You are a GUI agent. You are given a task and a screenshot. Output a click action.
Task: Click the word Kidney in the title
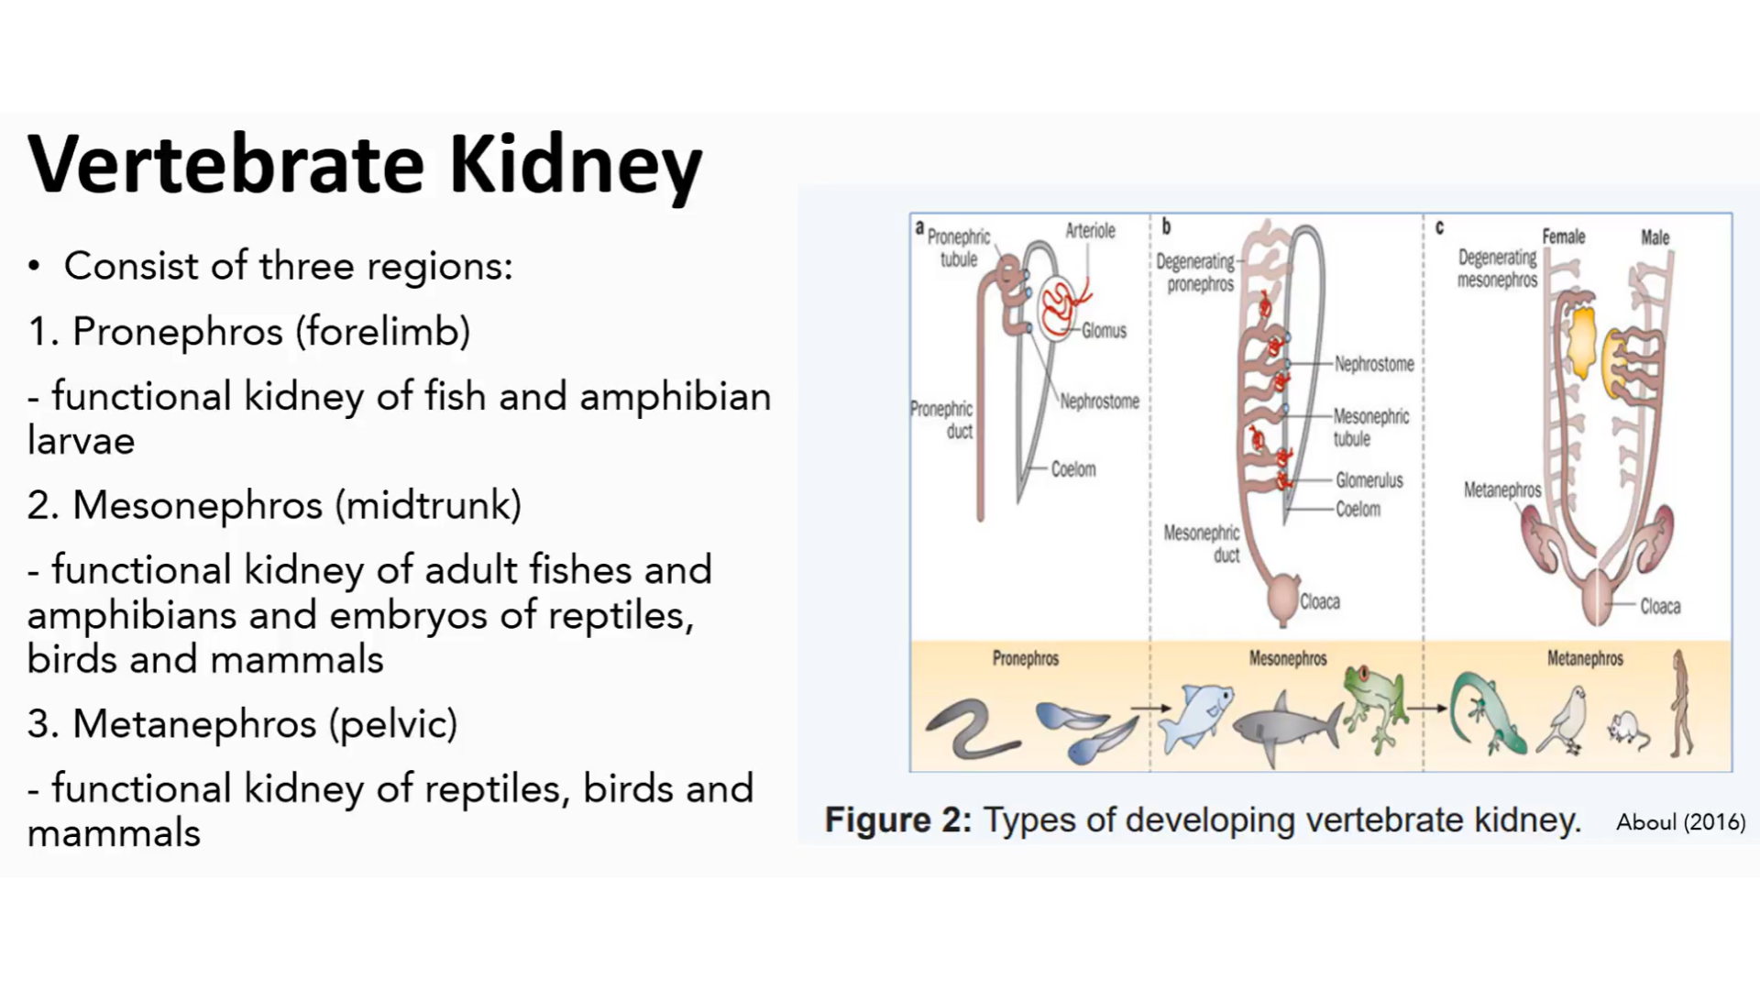(x=575, y=166)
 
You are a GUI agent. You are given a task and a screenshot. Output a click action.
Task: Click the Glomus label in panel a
(x=1104, y=331)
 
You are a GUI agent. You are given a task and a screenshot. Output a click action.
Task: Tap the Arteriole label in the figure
(x=1090, y=231)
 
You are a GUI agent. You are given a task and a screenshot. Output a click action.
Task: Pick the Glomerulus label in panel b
(x=1369, y=480)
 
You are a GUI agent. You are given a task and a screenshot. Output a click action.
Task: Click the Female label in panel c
(x=1563, y=236)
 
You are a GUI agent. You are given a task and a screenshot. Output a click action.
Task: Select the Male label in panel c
(x=1655, y=237)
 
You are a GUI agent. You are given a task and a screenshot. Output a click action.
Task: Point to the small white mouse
(x=1627, y=730)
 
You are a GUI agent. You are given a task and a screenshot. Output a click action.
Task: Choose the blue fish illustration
(x=1194, y=717)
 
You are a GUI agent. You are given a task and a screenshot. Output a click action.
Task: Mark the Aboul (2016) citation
(x=1680, y=822)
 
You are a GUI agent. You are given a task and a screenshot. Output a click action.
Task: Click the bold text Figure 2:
(x=897, y=819)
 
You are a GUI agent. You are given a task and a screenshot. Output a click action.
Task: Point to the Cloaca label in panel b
(x=1319, y=602)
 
